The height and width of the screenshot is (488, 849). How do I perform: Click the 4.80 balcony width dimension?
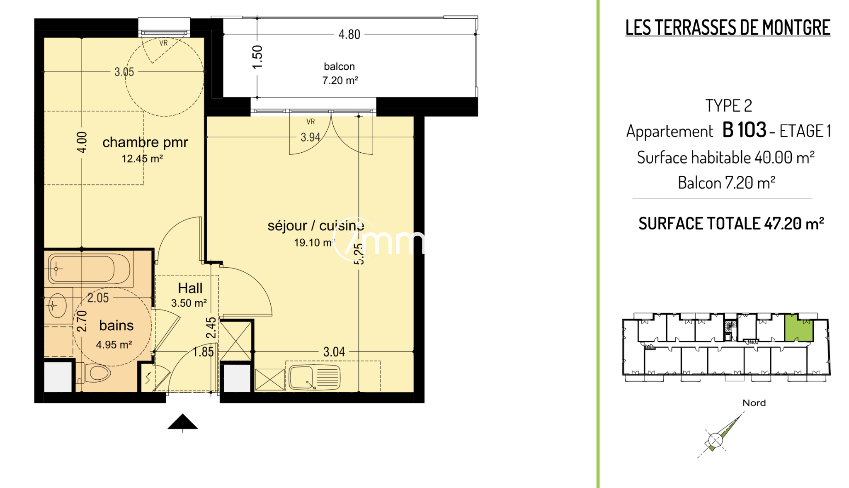[x=349, y=34]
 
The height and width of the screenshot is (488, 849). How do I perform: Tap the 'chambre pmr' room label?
[x=145, y=142]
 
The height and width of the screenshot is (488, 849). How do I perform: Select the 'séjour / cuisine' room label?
[x=315, y=226]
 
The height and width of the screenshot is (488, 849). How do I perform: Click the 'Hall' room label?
[x=190, y=288]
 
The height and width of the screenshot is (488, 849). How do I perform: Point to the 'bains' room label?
[x=116, y=325]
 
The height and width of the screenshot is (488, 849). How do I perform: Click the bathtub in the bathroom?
[x=89, y=268]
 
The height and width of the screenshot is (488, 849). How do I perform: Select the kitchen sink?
[x=315, y=377]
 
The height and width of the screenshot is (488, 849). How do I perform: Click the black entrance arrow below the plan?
[x=182, y=422]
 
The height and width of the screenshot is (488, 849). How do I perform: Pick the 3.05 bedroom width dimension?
[x=124, y=72]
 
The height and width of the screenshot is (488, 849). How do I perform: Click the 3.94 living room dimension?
[x=310, y=137]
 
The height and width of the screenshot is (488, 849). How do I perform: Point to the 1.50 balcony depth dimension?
[x=257, y=57]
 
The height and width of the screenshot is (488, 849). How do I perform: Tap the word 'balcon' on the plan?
[x=339, y=66]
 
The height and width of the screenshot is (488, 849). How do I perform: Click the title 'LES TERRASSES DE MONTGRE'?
[x=728, y=28]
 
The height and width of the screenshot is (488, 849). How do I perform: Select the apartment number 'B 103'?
[x=745, y=130]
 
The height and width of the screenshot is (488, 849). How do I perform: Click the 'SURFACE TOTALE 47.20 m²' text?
[x=731, y=224]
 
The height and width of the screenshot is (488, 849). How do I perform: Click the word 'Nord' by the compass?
[x=754, y=403]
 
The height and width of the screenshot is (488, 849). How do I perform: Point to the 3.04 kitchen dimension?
[x=334, y=352]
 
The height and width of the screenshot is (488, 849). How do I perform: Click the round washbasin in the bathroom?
[x=57, y=306]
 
